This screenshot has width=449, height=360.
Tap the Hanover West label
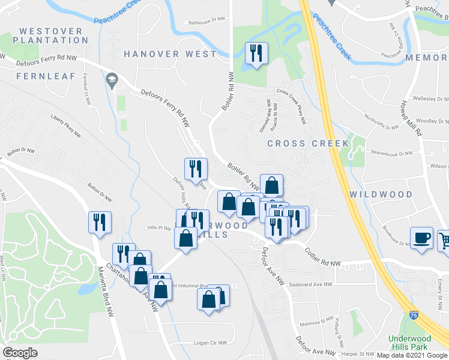tap(170, 54)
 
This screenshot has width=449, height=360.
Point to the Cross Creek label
tap(308, 143)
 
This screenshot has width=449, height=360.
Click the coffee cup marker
tap(421, 238)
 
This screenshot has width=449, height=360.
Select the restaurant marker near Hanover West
tap(256, 54)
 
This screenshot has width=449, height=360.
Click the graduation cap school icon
tap(112, 79)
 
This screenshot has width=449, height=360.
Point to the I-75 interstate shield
tap(414, 314)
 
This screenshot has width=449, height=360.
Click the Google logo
tap(20, 353)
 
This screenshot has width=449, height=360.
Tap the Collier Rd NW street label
tap(322, 259)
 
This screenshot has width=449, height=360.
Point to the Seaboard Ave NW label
tap(310, 285)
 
